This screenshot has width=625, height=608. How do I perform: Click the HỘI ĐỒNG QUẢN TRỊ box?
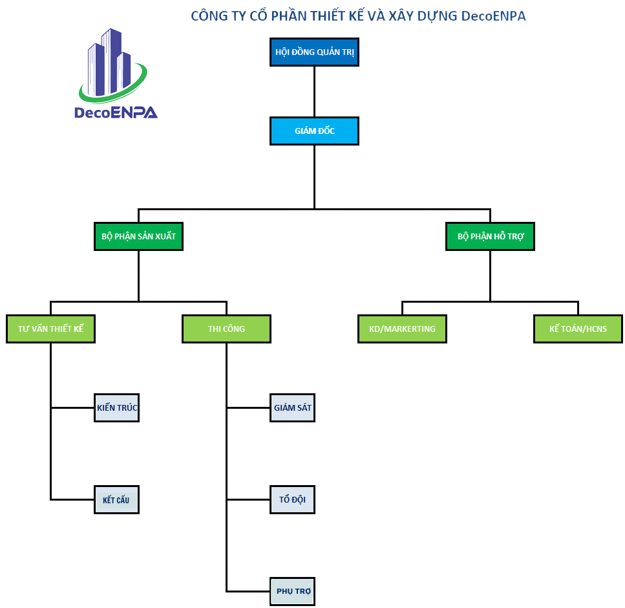tap(314, 52)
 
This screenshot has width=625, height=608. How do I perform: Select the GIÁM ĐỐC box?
tap(314, 131)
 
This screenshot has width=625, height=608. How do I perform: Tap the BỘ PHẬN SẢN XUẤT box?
tap(138, 237)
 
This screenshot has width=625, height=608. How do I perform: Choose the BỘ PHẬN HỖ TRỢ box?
tap(490, 237)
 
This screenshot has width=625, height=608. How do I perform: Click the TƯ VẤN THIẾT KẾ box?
tap(50, 329)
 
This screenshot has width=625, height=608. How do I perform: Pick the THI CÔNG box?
tap(226, 329)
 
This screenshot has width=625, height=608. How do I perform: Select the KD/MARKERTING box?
tap(402, 329)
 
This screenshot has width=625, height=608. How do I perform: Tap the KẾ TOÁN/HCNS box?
tap(578, 329)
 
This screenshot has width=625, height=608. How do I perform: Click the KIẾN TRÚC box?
tap(117, 408)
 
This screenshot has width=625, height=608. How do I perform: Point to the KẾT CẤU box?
tap(117, 500)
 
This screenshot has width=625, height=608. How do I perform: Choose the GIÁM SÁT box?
tap(293, 408)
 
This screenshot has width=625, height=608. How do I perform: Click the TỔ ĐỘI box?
tap(293, 500)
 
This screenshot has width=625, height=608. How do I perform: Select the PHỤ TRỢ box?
tap(293, 591)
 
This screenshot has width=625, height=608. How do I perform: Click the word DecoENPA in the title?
tap(494, 16)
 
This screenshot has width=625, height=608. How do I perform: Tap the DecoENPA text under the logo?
tap(116, 113)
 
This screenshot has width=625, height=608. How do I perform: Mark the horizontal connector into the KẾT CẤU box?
tap(72, 499)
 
